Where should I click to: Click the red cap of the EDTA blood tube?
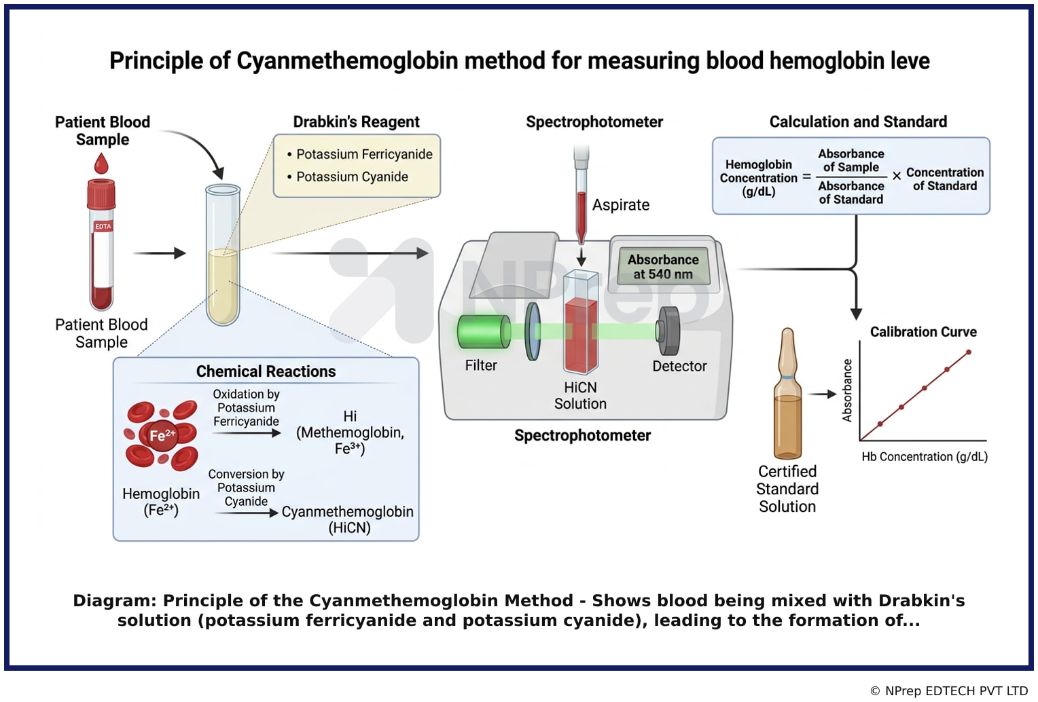101,193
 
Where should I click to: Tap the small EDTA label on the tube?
103,227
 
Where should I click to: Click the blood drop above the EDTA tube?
101,164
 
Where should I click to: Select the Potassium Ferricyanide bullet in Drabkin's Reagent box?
359,154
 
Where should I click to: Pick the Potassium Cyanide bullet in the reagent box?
348,177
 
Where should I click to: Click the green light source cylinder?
483,331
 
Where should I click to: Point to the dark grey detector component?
668,331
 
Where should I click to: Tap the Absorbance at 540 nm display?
663,267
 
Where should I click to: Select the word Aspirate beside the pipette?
621,204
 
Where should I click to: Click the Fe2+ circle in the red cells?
162,435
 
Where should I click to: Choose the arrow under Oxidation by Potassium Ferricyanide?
247,433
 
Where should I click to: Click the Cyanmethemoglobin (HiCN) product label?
348,519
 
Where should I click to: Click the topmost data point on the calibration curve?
969,352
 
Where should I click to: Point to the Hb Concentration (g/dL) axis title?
925,457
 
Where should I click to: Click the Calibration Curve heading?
923,331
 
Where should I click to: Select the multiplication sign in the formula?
897,176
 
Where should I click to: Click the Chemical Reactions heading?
266,371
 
